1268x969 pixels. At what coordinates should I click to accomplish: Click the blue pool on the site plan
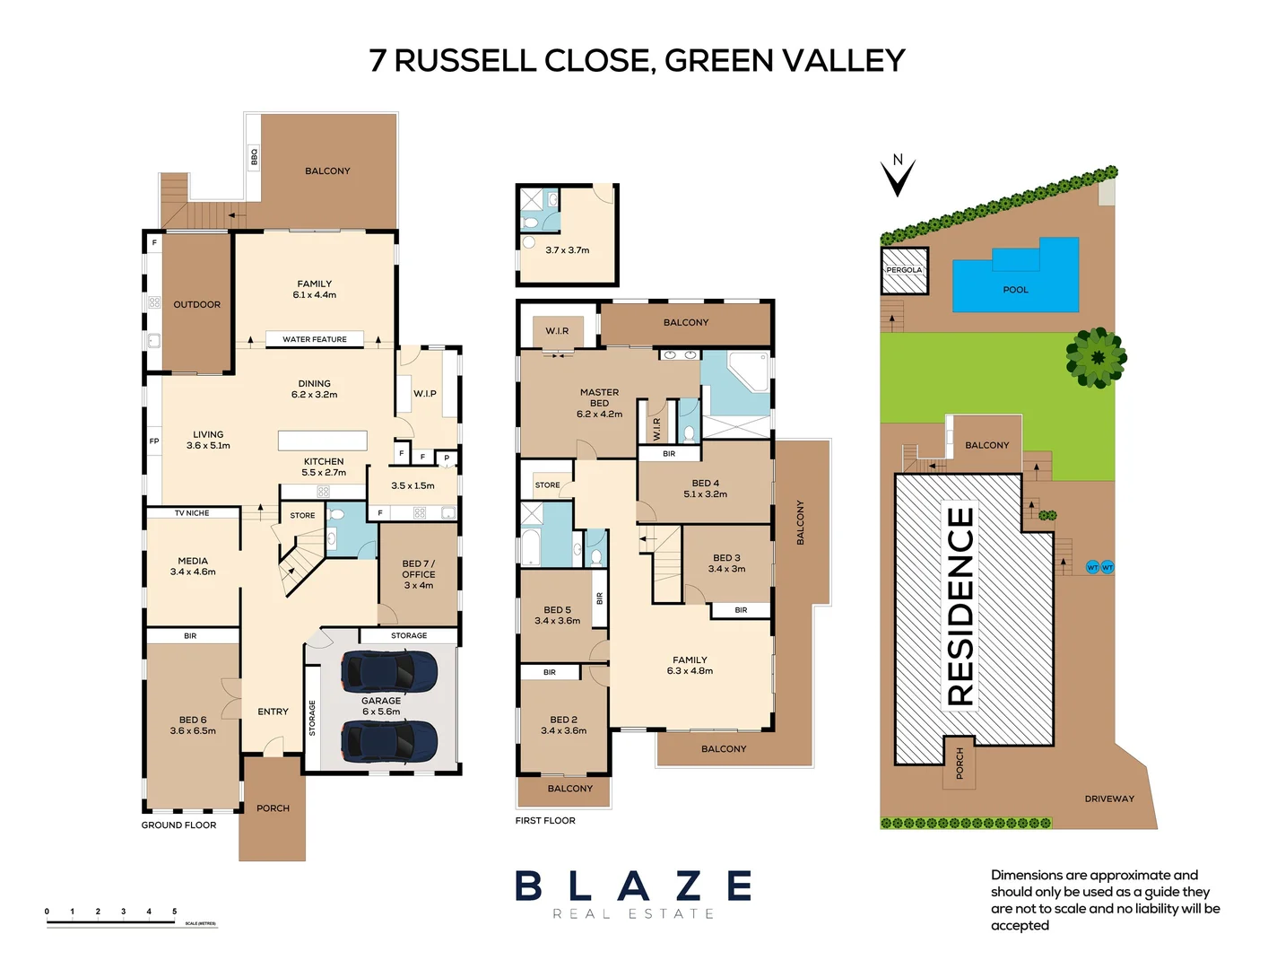(1015, 278)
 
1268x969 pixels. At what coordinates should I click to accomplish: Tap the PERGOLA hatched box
(904, 270)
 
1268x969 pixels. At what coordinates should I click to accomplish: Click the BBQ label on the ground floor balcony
(254, 157)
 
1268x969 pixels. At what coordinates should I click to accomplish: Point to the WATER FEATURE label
(314, 339)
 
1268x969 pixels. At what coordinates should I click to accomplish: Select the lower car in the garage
(388, 741)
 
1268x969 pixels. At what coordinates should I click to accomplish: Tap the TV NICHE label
(192, 513)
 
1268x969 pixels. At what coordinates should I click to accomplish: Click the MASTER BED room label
(599, 397)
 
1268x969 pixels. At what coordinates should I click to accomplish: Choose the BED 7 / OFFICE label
(418, 569)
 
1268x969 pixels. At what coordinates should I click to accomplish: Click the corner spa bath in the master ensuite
(748, 371)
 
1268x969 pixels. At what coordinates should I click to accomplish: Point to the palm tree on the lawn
(1096, 357)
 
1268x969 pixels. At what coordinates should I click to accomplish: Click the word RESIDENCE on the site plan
(960, 607)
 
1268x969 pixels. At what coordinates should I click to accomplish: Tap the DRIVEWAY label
(1109, 799)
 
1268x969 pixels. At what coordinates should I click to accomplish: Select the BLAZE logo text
(633, 886)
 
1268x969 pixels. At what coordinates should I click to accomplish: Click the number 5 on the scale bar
(175, 912)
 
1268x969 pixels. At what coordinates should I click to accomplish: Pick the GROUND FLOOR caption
(178, 825)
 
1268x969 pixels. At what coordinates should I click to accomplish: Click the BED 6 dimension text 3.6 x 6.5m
(193, 731)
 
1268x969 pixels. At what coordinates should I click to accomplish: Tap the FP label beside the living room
(154, 441)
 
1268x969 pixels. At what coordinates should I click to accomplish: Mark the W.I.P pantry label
(425, 394)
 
